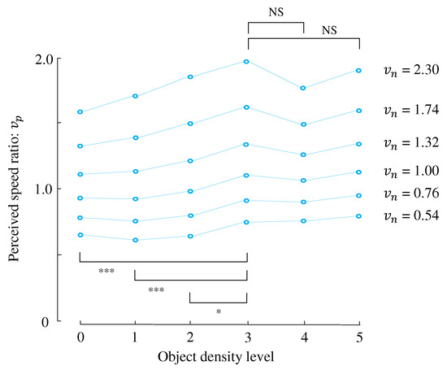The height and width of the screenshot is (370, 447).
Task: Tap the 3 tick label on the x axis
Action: click(247, 337)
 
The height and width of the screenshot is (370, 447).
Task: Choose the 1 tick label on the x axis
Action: click(135, 337)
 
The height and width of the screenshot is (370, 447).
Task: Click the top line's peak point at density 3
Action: click(247, 62)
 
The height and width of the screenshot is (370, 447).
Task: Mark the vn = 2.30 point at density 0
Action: click(80, 112)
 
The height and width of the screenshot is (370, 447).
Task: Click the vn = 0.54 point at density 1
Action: click(135, 240)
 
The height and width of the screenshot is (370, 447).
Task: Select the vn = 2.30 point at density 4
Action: click(303, 88)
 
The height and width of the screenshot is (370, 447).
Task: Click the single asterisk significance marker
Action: click(219, 311)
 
